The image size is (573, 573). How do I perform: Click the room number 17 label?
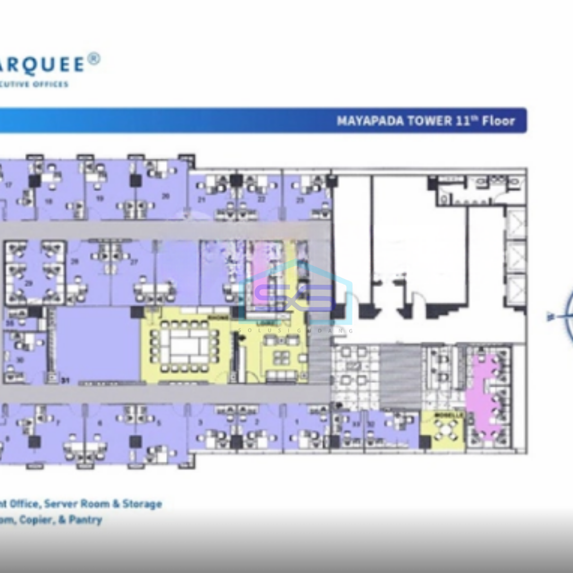pos(9,185)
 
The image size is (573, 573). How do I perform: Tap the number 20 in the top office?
pos(166,196)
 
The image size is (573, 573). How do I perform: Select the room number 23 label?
pos(300,199)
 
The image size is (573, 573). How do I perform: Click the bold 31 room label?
pos(66,380)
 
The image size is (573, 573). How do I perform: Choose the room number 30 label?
pos(20,360)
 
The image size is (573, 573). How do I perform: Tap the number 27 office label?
pos(134,262)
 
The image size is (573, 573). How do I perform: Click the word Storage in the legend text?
pos(142,503)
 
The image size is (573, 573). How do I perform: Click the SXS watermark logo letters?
pos(294,297)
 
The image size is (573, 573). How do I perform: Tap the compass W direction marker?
pos(550,317)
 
